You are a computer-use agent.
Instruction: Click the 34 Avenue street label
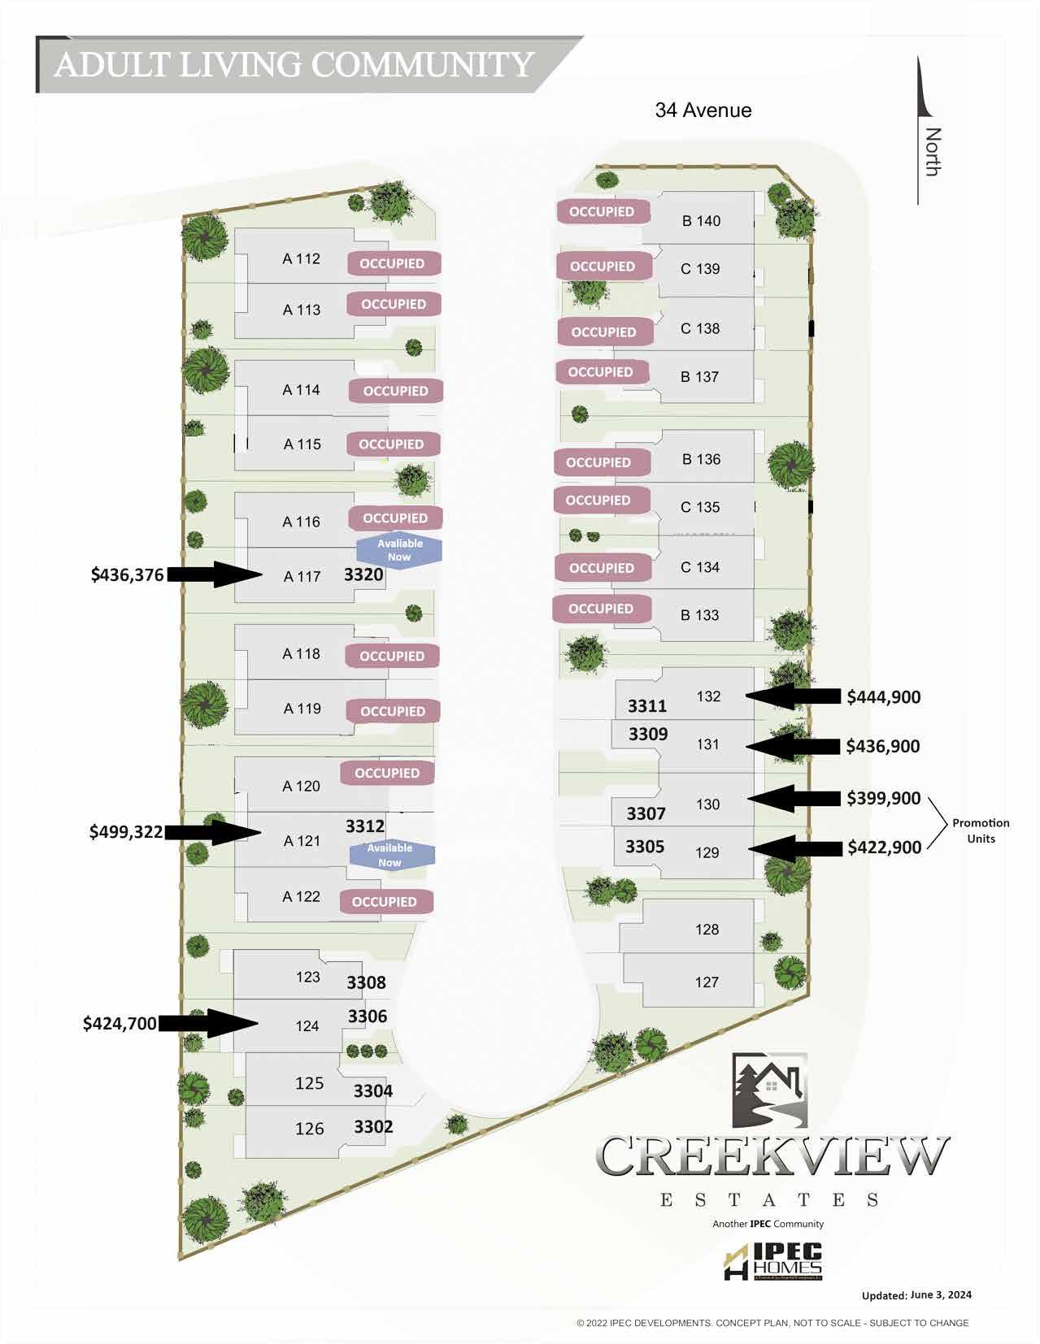[703, 111]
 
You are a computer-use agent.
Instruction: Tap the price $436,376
[127, 575]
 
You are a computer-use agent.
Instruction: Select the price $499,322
[126, 832]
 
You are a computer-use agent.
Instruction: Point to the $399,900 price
[883, 798]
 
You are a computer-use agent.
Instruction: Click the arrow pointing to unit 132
[794, 696]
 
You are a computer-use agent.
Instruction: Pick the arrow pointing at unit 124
[208, 1023]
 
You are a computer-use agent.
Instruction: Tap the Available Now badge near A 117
[399, 550]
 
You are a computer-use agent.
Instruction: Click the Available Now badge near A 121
[390, 855]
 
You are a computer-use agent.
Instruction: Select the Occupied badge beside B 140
[602, 211]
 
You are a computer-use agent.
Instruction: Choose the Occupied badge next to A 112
[393, 263]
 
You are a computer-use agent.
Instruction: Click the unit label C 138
[700, 328]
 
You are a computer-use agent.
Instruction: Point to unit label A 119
[302, 709]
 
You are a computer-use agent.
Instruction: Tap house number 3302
[373, 1126]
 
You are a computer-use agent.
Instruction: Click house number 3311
[646, 706]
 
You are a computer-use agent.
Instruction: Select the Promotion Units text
[981, 830]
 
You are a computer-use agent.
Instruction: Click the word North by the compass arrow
[933, 151]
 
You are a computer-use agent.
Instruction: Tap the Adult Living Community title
[294, 65]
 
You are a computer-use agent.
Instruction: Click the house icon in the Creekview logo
[768, 1090]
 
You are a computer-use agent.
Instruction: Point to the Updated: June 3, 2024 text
[916, 1295]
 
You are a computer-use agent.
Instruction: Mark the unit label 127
[706, 982]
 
